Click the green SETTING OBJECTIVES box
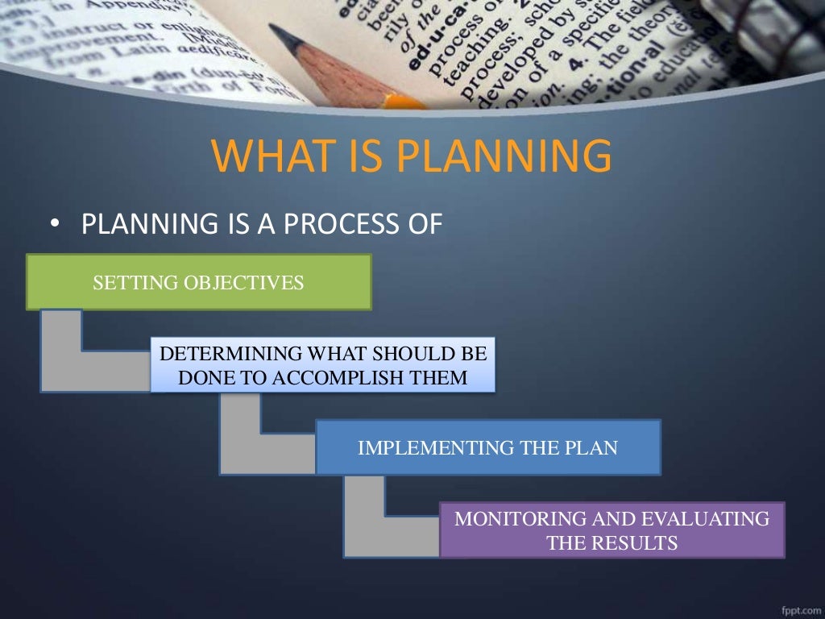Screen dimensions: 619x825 [198, 282]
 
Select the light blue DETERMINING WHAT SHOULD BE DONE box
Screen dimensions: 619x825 [322, 365]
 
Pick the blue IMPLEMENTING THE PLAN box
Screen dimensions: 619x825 [487, 447]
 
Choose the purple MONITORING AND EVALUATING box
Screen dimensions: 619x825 [612, 530]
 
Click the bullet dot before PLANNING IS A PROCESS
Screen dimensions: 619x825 [54, 225]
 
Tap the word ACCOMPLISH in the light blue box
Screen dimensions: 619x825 [354, 377]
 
